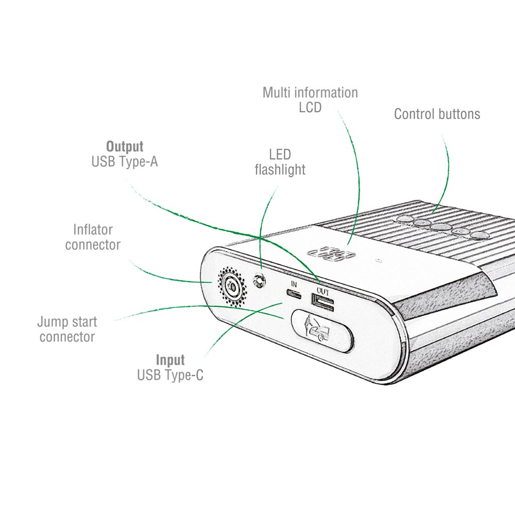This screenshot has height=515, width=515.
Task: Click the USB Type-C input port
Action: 294,294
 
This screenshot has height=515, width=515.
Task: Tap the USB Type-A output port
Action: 323,302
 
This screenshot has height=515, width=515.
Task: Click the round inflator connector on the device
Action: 232,287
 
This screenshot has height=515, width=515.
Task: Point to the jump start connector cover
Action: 322,331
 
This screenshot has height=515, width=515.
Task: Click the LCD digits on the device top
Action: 331,254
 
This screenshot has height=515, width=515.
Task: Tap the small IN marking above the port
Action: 294,284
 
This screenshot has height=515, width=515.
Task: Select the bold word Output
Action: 125,146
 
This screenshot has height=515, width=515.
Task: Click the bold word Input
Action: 170,360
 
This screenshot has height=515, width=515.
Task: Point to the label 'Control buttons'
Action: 437,114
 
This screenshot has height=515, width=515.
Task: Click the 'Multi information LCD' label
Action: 310,100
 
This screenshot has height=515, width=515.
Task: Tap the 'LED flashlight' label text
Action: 280,162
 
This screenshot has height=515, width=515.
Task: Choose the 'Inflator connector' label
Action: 93,237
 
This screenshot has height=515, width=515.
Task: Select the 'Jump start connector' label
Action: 67,329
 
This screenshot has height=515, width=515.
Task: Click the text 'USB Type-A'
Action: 125,162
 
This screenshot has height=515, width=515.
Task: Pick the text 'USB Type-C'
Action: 170,375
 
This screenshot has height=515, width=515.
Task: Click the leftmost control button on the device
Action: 405,218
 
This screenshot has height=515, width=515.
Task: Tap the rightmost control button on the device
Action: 478,235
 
